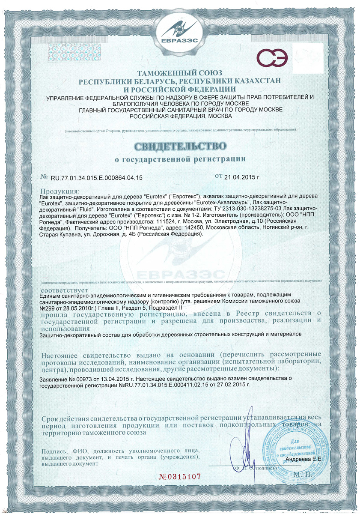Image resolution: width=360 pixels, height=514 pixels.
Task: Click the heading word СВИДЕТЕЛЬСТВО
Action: pos(180,146)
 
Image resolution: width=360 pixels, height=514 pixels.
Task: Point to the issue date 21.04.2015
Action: pos(241,176)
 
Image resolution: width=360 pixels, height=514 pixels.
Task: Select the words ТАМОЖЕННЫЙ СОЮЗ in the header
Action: pos(180,74)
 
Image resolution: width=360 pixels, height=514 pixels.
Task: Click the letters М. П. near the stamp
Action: pos(304,475)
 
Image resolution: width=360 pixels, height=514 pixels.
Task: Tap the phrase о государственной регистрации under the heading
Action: pos(180,160)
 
